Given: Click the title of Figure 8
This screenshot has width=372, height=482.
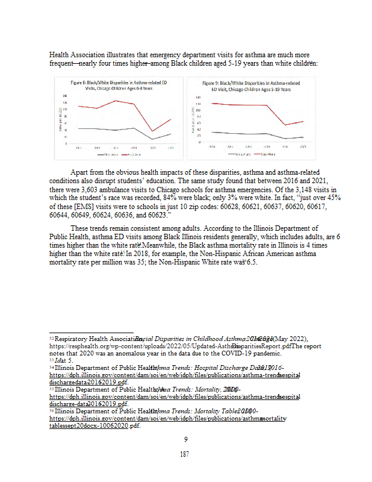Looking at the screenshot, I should pyautogui.click(x=119, y=84).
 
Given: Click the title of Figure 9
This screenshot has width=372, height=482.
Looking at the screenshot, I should pyautogui.click(x=250, y=84).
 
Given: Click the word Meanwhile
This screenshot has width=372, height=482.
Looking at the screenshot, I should pyautogui.click(x=160, y=244).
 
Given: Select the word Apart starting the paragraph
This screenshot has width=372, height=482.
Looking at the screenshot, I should pyautogui.click(x=81, y=172).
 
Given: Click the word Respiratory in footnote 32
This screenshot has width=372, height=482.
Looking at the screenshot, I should pyautogui.click(x=68, y=339).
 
